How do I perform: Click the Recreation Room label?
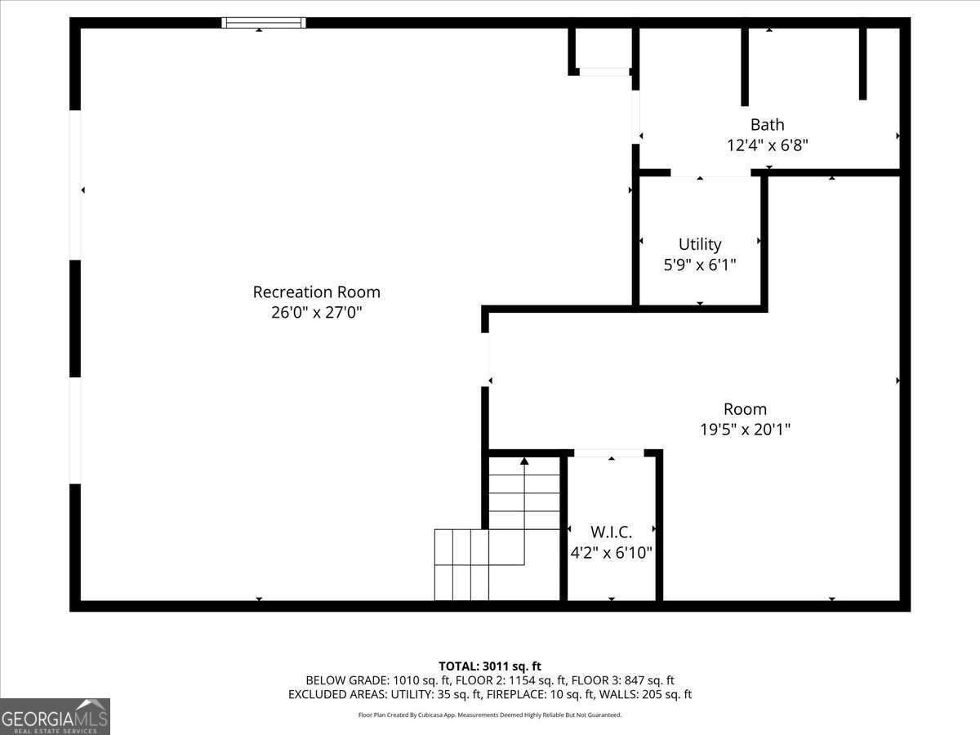point(316,292)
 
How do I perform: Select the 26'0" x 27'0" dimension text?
point(316,312)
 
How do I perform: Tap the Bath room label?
point(767,124)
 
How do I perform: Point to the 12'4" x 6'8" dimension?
point(767,145)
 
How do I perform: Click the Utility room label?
point(700,244)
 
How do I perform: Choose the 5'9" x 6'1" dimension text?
point(700,265)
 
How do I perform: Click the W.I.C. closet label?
point(612,532)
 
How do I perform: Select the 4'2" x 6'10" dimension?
point(612,553)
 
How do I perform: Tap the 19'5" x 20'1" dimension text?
point(745,429)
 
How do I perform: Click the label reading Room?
point(745,409)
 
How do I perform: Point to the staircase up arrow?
point(524,462)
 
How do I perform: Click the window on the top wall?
point(264,23)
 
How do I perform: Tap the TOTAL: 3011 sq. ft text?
point(490,666)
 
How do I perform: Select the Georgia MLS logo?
point(55,716)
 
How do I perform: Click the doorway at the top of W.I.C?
point(608,453)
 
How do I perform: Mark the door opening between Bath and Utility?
point(710,173)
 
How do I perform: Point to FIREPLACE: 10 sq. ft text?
point(546,694)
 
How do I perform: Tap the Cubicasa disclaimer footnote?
point(490,715)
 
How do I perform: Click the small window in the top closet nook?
point(603,72)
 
